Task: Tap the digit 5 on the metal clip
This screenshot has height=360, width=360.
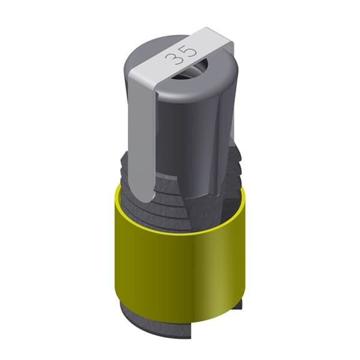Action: [189, 52]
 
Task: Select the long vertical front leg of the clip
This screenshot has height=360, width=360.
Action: [142, 138]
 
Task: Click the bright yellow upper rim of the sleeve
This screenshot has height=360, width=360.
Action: [179, 231]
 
